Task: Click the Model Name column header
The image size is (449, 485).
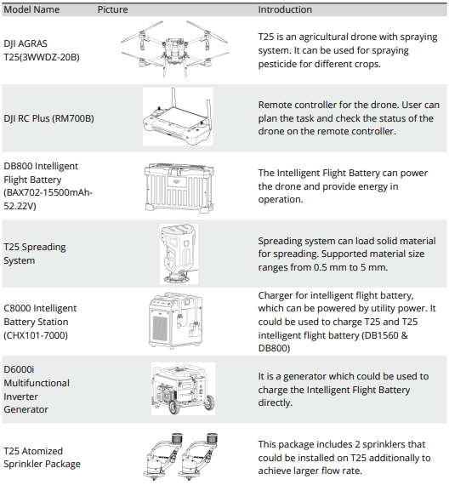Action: [31, 9]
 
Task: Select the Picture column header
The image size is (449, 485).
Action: [112, 9]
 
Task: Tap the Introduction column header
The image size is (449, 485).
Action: [285, 9]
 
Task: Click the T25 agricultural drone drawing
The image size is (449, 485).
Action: [174, 48]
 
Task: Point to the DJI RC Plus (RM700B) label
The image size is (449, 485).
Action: [48, 118]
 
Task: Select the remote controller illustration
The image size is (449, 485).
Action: [178, 117]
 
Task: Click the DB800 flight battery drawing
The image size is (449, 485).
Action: [179, 188]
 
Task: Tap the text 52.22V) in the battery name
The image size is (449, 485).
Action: [20, 206]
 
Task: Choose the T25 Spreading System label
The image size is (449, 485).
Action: [35, 254]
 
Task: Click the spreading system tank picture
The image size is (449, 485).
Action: [179, 254]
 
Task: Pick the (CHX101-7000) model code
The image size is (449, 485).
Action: [36, 335]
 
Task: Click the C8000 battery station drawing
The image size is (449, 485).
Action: [176, 320]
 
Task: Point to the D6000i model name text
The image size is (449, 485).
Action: [19, 369]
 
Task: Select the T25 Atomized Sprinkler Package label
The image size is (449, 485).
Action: [42, 458]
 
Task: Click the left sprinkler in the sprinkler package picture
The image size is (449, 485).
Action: [162, 457]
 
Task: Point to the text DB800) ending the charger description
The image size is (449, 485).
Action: [274, 348]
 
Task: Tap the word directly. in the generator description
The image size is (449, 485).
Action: [276, 402]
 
